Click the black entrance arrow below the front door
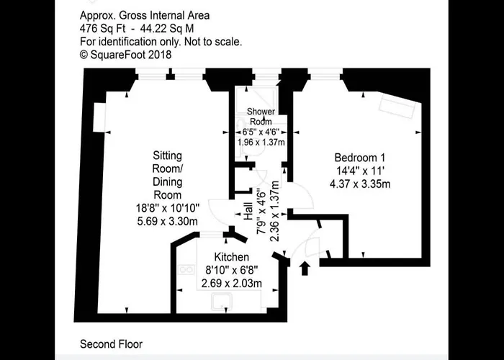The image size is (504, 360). click(x=305, y=269)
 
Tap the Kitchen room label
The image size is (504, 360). click(x=231, y=257)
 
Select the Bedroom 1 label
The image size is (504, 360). click(x=360, y=158)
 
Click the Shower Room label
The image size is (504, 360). click(x=261, y=117)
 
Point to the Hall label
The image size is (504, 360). click(x=248, y=211)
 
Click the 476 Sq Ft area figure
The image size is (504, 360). click(x=102, y=29)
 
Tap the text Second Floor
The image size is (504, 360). click(x=111, y=344)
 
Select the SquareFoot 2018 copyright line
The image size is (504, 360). click(x=126, y=55)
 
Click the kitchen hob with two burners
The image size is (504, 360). click(x=186, y=269)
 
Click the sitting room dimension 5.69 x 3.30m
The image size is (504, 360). click(x=168, y=221)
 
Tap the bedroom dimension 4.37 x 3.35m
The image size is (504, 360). click(x=360, y=184)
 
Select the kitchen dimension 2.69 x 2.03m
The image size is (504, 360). click(x=231, y=284)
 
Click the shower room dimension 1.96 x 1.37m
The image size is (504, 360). click(x=261, y=142)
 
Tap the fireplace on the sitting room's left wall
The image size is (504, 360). click(x=99, y=117)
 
